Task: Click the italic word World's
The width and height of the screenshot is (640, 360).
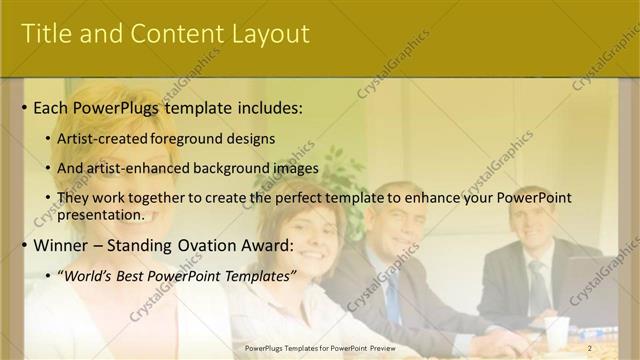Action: [88, 275]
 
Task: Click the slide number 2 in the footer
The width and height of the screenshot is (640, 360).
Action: [590, 348]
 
